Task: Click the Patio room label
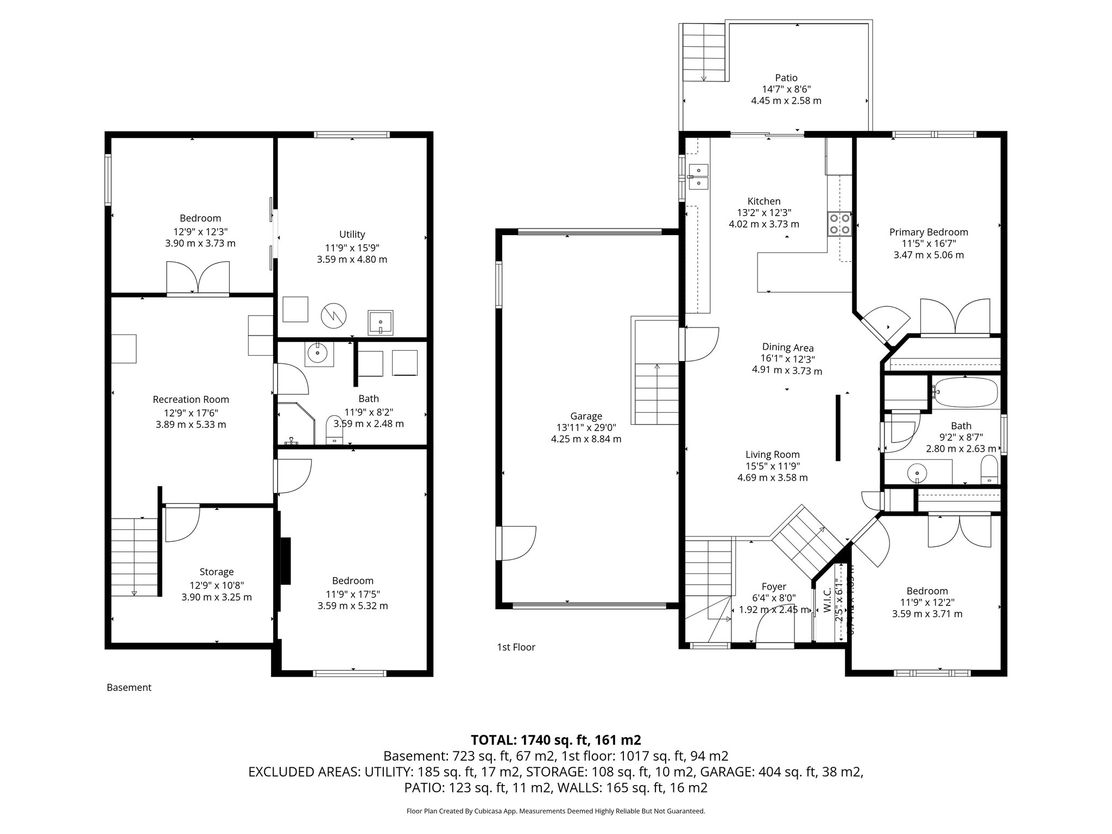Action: click(786, 78)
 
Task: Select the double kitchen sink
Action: click(698, 176)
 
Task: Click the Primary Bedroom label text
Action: click(928, 232)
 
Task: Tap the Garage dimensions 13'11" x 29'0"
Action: click(586, 427)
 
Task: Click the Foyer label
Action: click(774, 586)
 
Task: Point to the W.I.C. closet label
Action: click(827, 601)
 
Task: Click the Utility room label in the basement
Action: click(352, 235)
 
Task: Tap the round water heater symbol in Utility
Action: click(333, 315)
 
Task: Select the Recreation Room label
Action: click(191, 400)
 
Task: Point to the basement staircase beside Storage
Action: click(134, 557)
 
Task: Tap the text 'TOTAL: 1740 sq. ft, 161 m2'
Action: click(555, 740)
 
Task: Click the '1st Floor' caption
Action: click(516, 647)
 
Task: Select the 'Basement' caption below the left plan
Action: click(129, 687)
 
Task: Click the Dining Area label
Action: click(787, 347)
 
